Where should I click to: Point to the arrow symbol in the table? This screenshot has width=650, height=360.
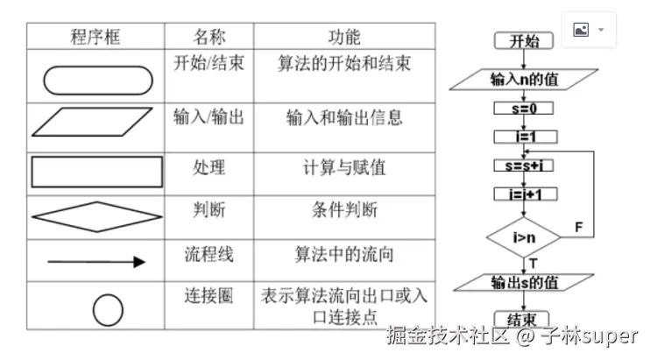coord(96,261)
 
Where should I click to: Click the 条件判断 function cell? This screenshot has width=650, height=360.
coord(344,210)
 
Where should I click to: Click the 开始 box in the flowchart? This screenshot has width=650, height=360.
coord(523,41)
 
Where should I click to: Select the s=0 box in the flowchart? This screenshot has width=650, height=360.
coord(523,109)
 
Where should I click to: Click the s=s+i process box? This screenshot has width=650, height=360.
coord(523,165)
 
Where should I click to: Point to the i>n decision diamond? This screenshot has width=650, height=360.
coord(523,236)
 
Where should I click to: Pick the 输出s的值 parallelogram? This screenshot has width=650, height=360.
coord(523,283)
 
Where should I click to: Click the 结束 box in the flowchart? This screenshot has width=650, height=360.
coord(523,319)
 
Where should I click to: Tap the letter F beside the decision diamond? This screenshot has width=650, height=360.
coord(578,227)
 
